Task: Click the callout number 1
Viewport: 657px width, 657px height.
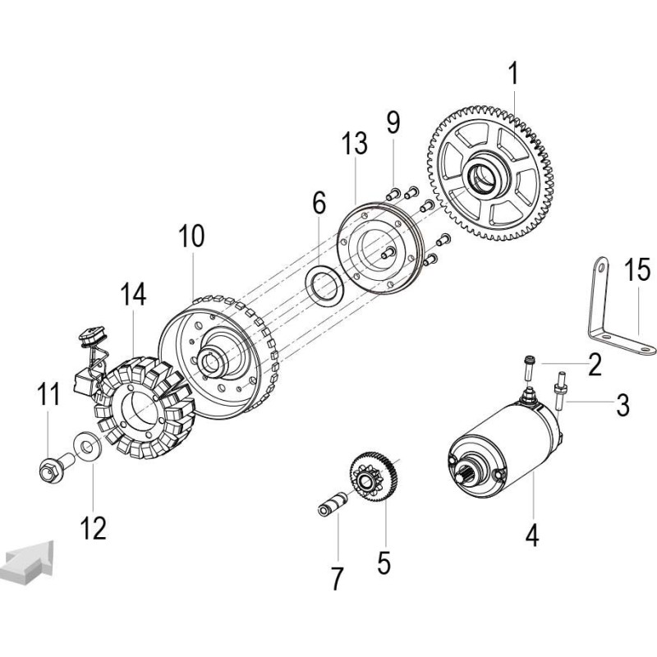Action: [x=513, y=75]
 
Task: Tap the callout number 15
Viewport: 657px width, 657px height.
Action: [x=636, y=269]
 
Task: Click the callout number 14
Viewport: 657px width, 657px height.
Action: [x=131, y=294]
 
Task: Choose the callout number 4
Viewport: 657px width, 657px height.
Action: [x=532, y=535]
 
